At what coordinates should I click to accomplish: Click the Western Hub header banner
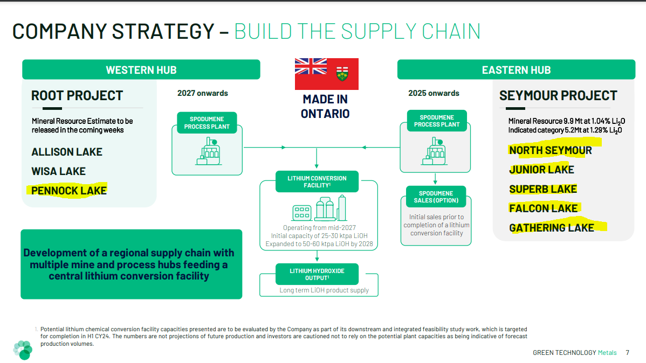(x=141, y=69)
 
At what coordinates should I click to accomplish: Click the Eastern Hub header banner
(x=516, y=69)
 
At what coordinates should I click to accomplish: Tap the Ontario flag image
(x=327, y=74)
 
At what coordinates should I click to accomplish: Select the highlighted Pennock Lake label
(x=69, y=191)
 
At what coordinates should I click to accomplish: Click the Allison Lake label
(x=67, y=152)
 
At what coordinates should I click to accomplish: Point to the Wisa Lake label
(x=58, y=171)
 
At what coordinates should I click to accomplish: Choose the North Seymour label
(x=551, y=150)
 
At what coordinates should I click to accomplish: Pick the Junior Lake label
(x=541, y=170)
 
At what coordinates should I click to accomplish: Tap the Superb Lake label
(x=543, y=189)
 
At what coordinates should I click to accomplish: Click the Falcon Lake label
(x=543, y=208)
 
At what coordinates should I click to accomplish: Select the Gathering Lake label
(x=552, y=228)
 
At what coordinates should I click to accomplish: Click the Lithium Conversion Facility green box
(x=317, y=181)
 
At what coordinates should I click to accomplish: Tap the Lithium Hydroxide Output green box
(x=317, y=274)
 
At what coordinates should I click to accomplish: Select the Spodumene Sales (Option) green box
(x=436, y=197)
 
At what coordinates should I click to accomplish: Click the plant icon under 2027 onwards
(x=209, y=151)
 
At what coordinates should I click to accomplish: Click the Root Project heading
(x=77, y=95)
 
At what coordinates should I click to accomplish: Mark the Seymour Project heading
(x=558, y=95)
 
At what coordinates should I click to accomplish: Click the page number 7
(x=628, y=352)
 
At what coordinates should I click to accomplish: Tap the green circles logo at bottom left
(x=23, y=350)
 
